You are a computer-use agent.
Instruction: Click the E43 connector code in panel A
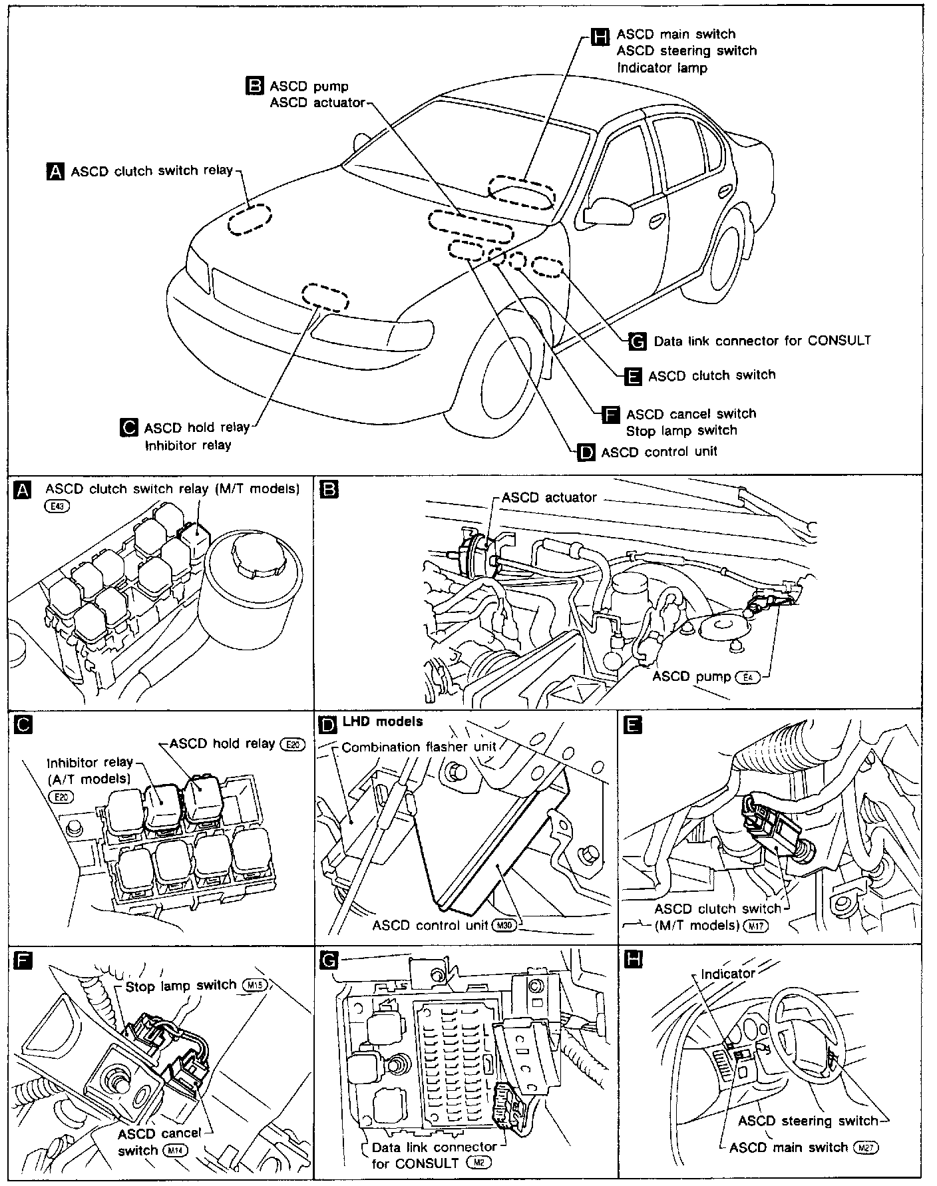57,506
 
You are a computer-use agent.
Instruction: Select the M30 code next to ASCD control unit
504,926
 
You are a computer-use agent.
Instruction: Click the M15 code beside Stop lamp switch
254,986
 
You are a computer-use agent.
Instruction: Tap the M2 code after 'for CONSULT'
478,1163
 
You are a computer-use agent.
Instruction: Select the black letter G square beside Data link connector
637,341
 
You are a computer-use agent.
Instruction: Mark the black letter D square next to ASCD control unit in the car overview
586,453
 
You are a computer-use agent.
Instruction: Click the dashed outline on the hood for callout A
250,219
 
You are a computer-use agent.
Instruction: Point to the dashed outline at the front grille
325,297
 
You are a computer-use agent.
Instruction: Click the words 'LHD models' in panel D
383,721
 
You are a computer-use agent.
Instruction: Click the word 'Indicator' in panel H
728,974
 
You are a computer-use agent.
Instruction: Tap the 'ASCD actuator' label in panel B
549,498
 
